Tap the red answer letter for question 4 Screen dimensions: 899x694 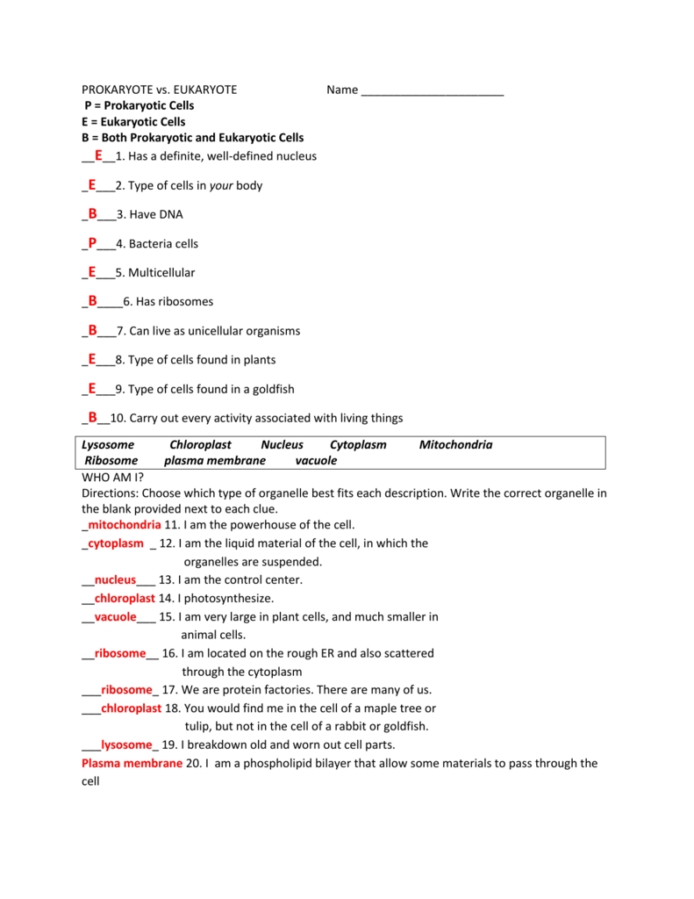coord(92,243)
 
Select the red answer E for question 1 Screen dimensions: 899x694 coord(98,155)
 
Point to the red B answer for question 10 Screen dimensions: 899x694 coord(92,417)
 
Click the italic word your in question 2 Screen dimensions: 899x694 coord(221,185)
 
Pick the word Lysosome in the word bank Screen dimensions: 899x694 coord(108,445)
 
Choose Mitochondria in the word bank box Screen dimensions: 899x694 coord(455,445)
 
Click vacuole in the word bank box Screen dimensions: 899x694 coord(316,461)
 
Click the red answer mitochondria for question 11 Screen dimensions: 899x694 coord(124,525)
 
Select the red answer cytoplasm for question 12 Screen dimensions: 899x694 coord(116,543)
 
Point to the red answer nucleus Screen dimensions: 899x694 coord(115,580)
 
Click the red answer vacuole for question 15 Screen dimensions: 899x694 coord(115,617)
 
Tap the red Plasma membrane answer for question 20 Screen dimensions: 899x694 coord(132,764)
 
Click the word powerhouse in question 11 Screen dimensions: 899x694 coord(259,525)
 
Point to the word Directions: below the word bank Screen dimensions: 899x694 coord(110,493)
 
